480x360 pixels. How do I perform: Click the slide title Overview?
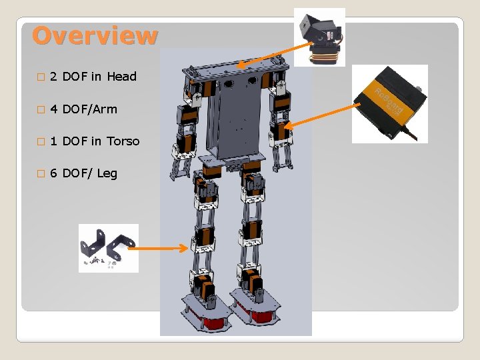coord(95,35)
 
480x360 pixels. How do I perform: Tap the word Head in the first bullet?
coord(121,77)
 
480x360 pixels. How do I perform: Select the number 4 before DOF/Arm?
coord(53,109)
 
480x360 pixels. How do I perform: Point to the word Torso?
coord(123,141)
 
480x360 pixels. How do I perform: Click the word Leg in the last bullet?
coord(107,173)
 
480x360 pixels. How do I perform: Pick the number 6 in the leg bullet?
coord(53,173)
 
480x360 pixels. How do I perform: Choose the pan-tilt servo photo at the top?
coord(319,37)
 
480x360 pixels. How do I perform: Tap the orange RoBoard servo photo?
coord(389,103)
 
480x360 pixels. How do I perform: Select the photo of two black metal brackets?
coord(108,248)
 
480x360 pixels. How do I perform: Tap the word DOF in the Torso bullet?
coord(75,141)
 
